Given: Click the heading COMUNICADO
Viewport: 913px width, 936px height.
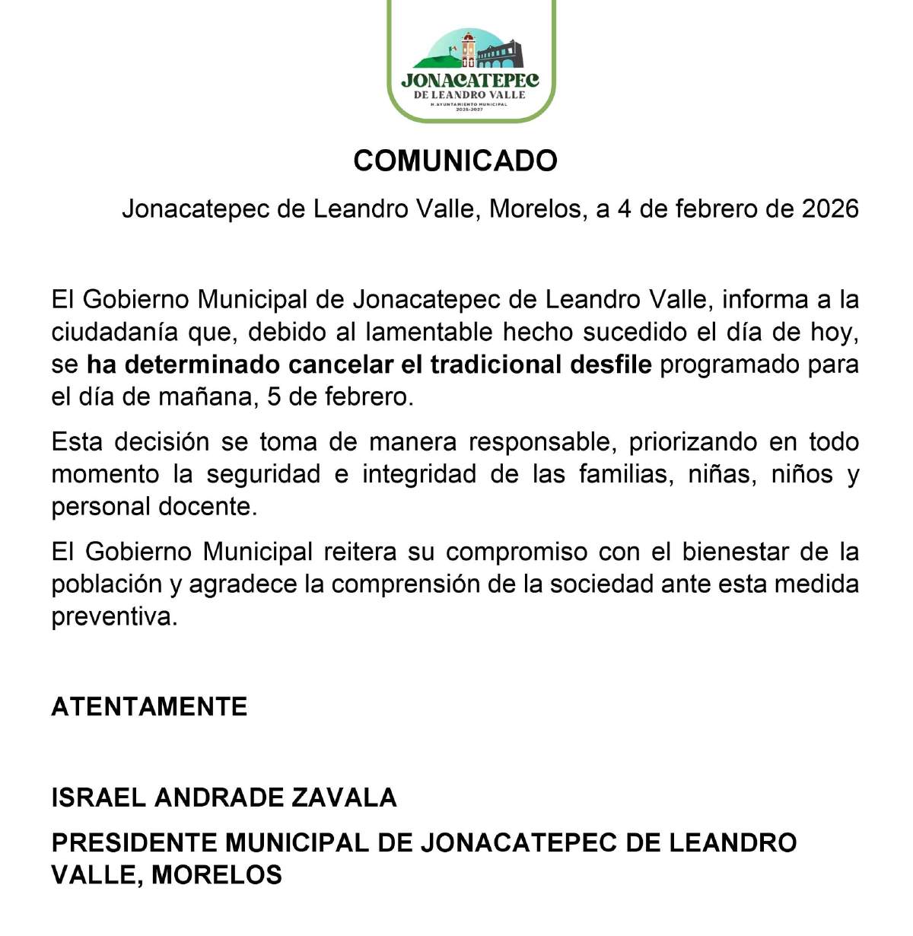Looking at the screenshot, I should click(x=455, y=161).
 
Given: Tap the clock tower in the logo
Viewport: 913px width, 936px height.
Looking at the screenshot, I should click(x=468, y=49).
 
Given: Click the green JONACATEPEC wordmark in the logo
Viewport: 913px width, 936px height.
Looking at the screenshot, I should click(x=470, y=80).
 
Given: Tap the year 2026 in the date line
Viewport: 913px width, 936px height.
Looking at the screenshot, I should click(x=830, y=209).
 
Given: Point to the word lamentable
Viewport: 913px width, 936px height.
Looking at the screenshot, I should click(x=431, y=332).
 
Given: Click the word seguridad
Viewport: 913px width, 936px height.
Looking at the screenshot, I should click(x=263, y=474).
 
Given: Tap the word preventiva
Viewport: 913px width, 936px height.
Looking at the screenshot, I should click(x=114, y=616).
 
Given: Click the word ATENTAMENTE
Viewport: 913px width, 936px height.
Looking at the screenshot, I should click(x=149, y=707).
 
